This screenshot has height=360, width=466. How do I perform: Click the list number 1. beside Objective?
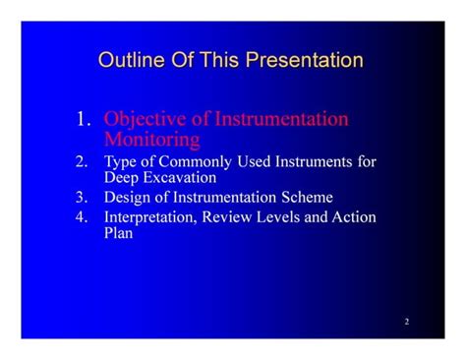click(x=84, y=120)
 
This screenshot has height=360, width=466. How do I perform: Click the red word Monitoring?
click(x=152, y=139)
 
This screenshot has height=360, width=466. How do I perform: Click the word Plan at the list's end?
click(x=119, y=234)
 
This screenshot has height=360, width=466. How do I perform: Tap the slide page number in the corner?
click(x=405, y=322)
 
